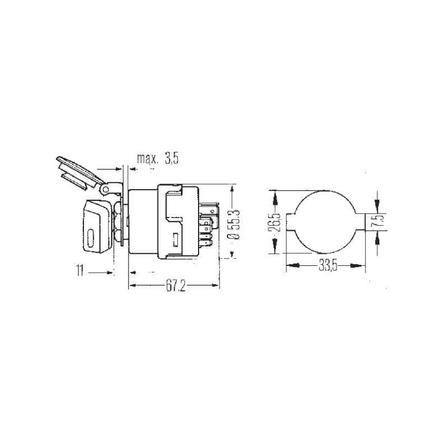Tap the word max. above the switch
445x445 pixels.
tap(147, 159)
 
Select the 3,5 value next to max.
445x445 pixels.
tap(172, 159)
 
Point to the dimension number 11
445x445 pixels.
tap(80, 270)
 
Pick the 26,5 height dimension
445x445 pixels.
tap(275, 222)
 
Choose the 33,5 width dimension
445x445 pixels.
tap(328, 266)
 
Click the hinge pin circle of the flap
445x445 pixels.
tap(105, 190)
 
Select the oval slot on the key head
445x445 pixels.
tap(91, 238)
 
